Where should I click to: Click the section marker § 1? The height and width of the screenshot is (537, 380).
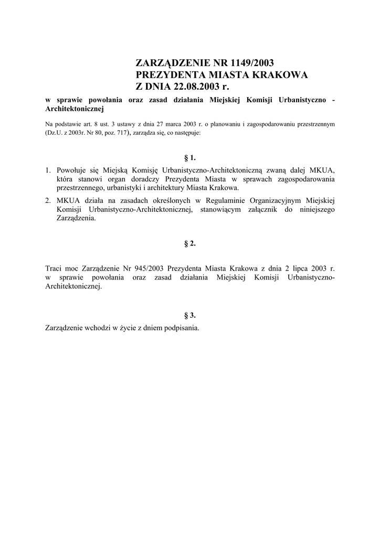[x=190, y=157]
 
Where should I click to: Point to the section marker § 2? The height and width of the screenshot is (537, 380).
[x=190, y=243]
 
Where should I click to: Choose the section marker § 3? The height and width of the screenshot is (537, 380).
[x=190, y=315]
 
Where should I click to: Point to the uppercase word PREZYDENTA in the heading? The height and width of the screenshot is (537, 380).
[x=171, y=74]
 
